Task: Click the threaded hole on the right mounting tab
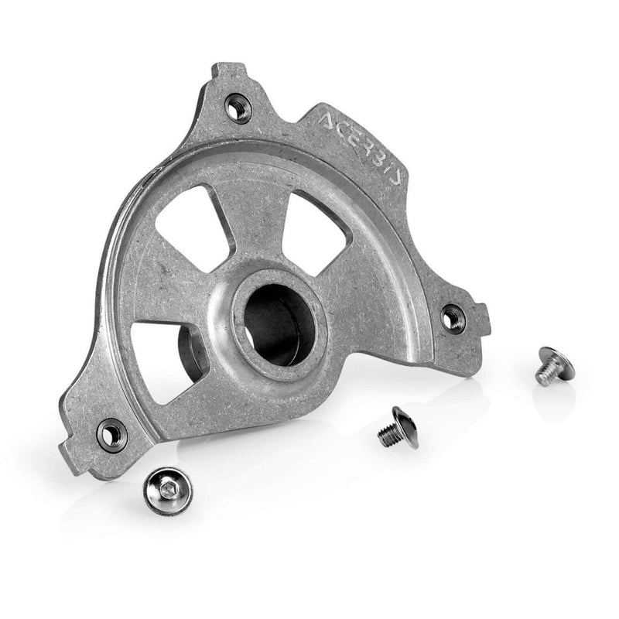[453, 317]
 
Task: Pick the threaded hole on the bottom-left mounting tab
[112, 435]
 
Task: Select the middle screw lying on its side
[398, 428]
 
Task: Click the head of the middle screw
[407, 426]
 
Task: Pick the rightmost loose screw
[554, 365]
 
